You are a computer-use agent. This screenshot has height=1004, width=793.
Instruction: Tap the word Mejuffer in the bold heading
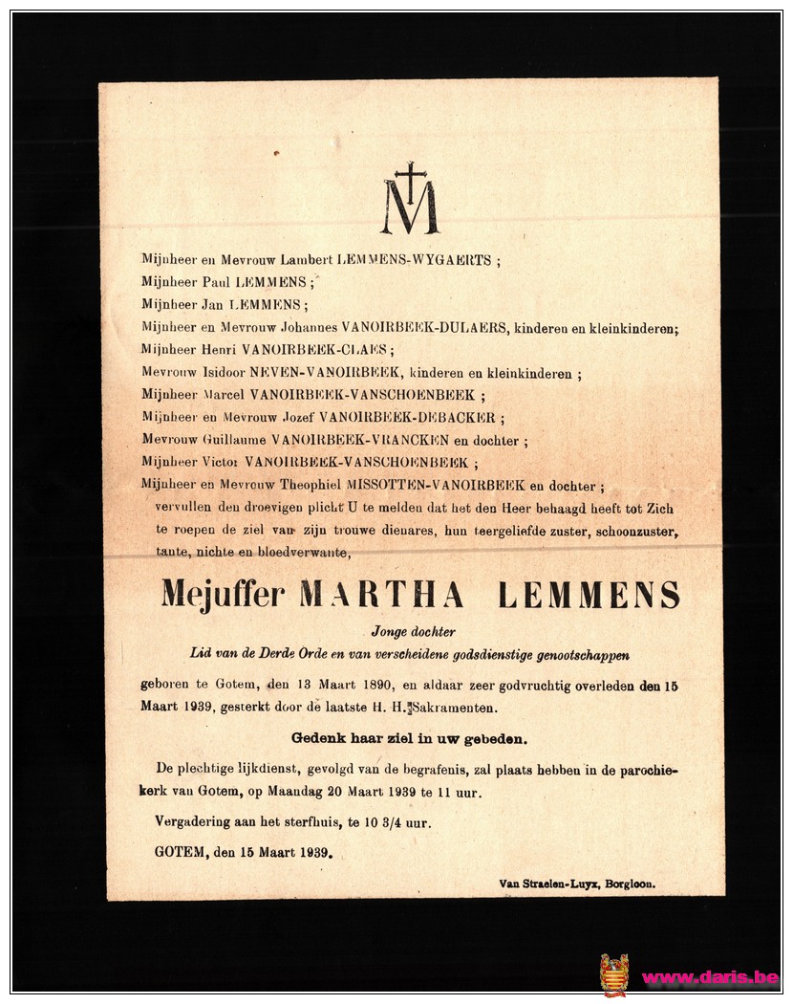(223, 594)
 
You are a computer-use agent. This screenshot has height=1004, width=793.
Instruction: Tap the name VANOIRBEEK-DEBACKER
(416, 418)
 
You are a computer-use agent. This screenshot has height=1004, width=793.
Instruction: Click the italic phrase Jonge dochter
(413, 631)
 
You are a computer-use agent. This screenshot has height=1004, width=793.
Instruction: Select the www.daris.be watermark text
(709, 977)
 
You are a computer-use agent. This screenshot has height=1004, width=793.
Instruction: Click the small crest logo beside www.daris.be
(613, 974)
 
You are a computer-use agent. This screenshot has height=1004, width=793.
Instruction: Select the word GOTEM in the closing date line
(180, 851)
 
